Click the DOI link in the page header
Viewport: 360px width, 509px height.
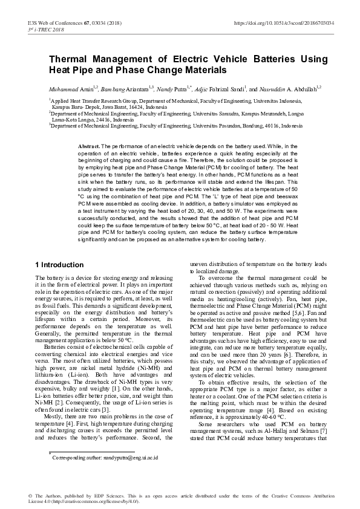click(x=284, y=22)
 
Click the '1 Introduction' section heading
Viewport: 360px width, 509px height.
click(x=59, y=265)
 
